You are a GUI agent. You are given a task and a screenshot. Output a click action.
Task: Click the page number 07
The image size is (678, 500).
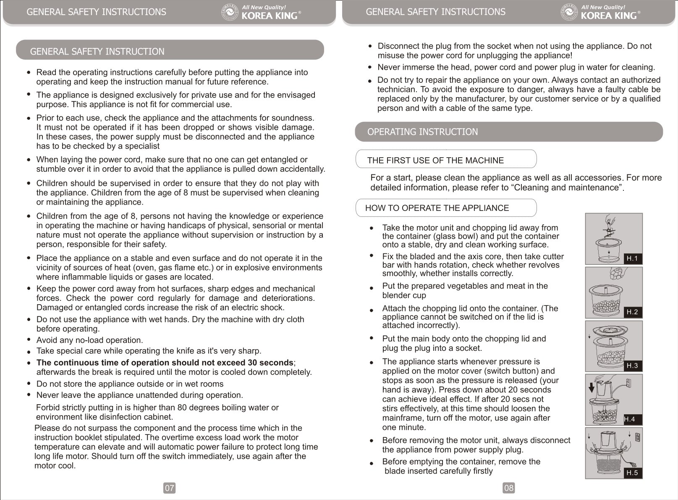pos(169,488)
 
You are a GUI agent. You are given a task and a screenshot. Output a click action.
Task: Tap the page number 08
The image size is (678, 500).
pos(508,488)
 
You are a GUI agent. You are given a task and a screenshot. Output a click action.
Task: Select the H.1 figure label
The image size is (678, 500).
pos(632,258)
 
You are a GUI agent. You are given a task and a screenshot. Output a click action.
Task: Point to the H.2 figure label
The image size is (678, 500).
pos(632,312)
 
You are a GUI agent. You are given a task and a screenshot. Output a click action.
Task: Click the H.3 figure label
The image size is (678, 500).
pos(632,366)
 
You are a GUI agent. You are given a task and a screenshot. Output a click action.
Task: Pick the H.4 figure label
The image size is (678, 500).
pos(629,419)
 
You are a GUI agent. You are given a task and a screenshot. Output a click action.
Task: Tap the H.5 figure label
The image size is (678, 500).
pos(632,473)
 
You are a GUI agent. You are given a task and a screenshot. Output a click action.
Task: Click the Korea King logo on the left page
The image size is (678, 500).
pos(260,13)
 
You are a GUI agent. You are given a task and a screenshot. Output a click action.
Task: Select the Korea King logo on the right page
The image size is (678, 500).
pos(600,13)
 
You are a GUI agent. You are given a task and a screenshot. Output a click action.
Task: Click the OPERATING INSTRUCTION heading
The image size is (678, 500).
pos(422,132)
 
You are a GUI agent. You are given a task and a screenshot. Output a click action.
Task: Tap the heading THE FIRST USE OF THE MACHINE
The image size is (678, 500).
pos(435,161)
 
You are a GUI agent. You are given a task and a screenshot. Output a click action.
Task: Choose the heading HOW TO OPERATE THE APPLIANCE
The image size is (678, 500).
pos(437,208)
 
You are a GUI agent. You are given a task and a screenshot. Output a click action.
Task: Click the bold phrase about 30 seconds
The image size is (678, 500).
pos(165,363)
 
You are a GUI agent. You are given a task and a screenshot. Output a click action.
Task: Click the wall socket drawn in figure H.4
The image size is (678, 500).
pos(628,383)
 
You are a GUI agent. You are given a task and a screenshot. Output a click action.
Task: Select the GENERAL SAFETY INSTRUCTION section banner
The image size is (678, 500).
pos(97,52)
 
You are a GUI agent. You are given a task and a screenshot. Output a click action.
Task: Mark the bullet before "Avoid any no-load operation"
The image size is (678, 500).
pos(29,339)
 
